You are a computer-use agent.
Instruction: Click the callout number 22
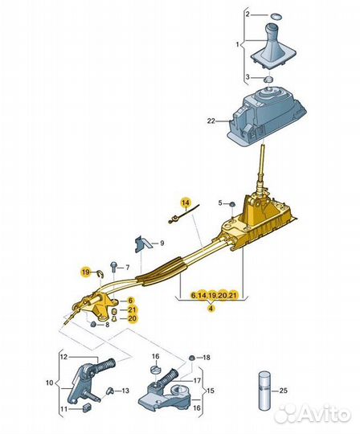coord(211,121)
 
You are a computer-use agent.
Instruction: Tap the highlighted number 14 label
coord(186,203)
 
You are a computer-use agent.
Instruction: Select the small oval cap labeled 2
coord(276,16)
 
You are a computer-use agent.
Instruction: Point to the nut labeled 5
coord(233,205)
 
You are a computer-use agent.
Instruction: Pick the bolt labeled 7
coord(114,268)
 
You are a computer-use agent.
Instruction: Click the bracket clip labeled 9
coord(143,244)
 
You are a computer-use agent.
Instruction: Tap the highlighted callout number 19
coord(86,272)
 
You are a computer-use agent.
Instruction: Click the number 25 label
coord(284,391)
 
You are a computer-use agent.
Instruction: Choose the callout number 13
coord(125,391)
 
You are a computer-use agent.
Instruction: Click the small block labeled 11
coord(87,407)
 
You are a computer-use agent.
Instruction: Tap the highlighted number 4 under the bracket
coord(211,308)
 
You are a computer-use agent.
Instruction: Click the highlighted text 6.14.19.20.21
coord(214,295)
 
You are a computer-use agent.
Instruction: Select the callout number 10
coord(49,383)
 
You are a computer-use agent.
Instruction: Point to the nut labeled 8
coord(93,324)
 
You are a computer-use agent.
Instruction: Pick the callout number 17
coord(197,381)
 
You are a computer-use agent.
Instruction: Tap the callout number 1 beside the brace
coord(237,44)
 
